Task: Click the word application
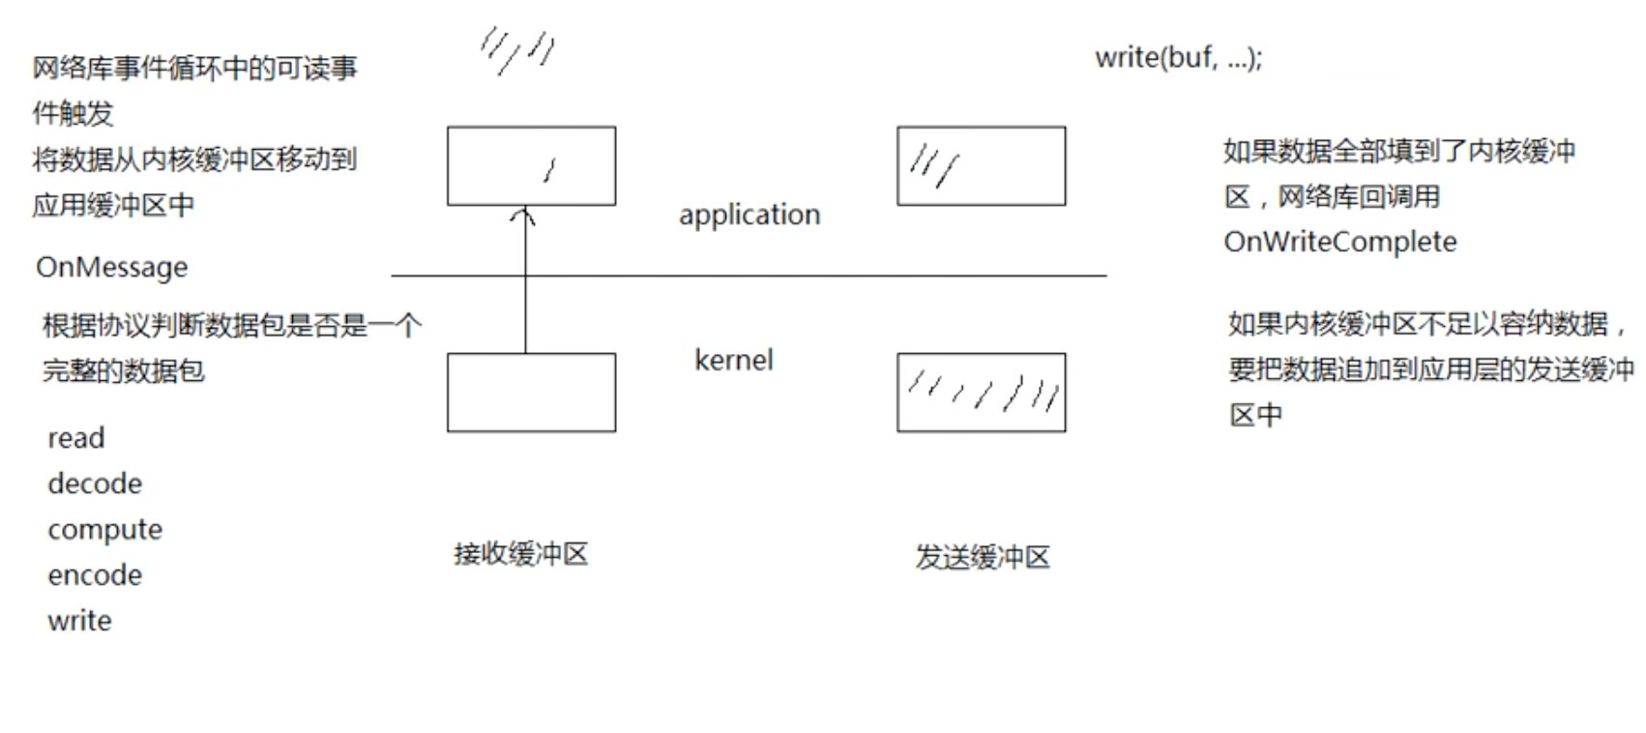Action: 749,215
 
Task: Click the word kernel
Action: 733,360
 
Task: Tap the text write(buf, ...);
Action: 1178,58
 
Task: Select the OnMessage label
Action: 111,267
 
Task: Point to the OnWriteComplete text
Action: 1339,242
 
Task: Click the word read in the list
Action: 75,438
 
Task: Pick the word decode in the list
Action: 95,484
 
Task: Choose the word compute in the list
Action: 104,530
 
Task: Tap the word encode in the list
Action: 95,575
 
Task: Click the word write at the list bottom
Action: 79,621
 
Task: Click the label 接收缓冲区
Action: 520,554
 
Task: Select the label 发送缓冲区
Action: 982,557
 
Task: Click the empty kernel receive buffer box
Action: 531,393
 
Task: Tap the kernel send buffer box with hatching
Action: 981,393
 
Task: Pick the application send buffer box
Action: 981,165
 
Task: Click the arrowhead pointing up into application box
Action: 523,215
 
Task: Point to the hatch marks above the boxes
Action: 517,50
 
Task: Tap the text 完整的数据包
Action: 123,370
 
